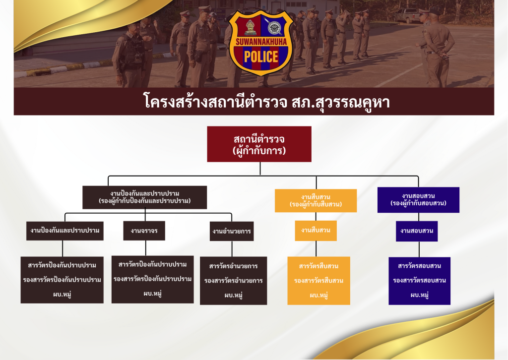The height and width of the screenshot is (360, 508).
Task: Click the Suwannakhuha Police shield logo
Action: (261, 43)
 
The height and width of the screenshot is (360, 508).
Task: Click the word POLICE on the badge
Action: (261, 57)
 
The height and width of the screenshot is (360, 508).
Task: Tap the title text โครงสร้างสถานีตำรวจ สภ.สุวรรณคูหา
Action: (266, 102)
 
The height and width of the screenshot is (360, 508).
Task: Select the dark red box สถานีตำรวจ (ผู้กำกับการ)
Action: (259, 144)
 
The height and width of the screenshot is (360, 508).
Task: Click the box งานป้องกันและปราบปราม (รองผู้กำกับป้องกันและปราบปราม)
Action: (144, 197)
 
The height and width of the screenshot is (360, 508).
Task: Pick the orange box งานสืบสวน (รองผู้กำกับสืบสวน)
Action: (316, 200)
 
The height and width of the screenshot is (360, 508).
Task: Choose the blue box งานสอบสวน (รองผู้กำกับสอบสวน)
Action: (418, 200)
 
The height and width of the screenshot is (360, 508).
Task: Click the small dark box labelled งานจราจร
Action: (144, 231)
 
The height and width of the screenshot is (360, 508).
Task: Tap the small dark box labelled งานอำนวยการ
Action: (232, 231)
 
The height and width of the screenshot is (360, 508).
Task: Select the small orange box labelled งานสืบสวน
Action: (316, 231)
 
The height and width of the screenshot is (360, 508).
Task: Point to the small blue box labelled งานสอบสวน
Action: (417, 231)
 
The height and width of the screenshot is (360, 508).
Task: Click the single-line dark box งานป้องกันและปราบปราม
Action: (65, 231)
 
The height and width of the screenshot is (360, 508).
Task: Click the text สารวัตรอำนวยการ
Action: (233, 266)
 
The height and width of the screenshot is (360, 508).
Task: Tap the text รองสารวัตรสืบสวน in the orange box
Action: (318, 280)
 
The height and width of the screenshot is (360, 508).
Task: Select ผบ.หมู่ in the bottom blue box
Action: (420, 295)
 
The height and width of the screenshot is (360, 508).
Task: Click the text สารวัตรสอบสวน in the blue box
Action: (420, 266)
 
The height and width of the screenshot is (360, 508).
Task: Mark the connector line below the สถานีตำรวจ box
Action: (260, 169)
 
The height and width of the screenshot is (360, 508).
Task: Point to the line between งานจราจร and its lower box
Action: (145, 248)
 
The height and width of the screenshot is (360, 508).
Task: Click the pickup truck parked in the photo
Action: (407, 15)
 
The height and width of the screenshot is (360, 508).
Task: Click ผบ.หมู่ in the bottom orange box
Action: (319, 295)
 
